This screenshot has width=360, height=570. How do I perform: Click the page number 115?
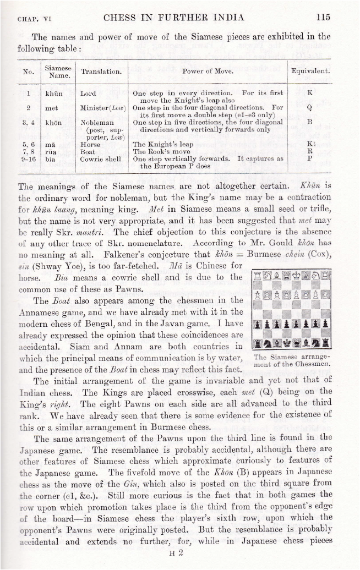(323, 17)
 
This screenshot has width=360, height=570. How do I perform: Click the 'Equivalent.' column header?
(310, 71)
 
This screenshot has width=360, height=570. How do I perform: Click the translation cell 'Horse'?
(90, 144)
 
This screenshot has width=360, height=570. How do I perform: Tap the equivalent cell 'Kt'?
(310, 144)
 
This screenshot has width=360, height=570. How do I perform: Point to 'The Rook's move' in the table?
(161, 151)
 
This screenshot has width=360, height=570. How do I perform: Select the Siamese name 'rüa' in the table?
(51, 151)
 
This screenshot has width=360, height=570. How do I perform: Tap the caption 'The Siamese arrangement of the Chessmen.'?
(285, 360)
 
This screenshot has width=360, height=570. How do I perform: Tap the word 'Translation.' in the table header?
(101, 71)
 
